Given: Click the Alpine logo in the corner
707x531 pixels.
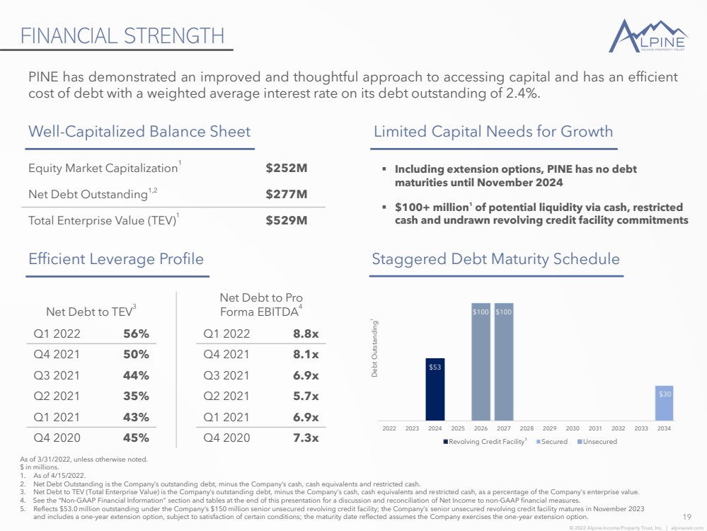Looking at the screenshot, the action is pyautogui.click(x=648, y=35).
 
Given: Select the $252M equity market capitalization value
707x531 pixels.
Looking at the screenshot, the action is pyautogui.click(x=287, y=169).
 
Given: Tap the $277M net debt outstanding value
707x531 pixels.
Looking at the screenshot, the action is pyautogui.click(x=287, y=195).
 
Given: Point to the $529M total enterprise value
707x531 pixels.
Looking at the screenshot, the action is pyautogui.click(x=287, y=221).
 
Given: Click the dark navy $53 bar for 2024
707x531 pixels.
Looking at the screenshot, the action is pyautogui.click(x=435, y=389).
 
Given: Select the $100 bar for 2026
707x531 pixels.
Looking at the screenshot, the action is pyautogui.click(x=481, y=362).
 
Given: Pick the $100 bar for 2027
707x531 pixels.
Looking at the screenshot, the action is pyautogui.click(x=504, y=362).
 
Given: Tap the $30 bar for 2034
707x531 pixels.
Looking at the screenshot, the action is pyautogui.click(x=664, y=403).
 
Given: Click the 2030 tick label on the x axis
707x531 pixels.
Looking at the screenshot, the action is pyautogui.click(x=573, y=428).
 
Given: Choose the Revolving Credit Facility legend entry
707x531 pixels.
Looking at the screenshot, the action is pyautogui.click(x=485, y=442).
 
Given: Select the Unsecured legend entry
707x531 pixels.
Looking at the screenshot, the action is pyautogui.click(x=597, y=442).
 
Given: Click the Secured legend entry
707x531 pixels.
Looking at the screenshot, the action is pyautogui.click(x=552, y=442).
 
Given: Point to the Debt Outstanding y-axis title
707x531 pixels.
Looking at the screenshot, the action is pyautogui.click(x=374, y=348).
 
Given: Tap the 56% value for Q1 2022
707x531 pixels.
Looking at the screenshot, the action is pyautogui.click(x=136, y=334).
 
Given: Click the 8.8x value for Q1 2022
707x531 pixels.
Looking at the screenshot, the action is pyautogui.click(x=306, y=334).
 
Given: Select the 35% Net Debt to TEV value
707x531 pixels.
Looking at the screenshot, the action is pyautogui.click(x=136, y=396).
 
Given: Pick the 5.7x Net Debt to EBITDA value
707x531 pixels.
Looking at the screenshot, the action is pyautogui.click(x=306, y=396).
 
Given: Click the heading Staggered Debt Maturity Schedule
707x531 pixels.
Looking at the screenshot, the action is pyautogui.click(x=495, y=259).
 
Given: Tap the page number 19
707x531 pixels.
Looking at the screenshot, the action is pyautogui.click(x=686, y=517).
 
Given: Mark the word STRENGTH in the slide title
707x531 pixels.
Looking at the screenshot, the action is pyautogui.click(x=173, y=36).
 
